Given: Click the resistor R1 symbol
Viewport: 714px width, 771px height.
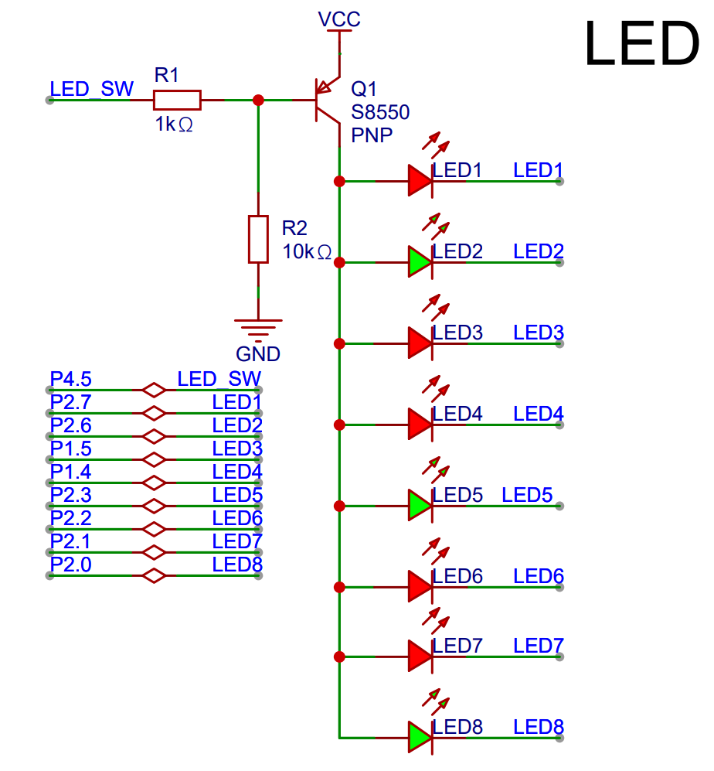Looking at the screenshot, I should click(x=177, y=100).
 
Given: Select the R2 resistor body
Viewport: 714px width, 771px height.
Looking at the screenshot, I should click(x=258, y=239).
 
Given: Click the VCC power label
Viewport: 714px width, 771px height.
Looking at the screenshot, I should click(x=339, y=19).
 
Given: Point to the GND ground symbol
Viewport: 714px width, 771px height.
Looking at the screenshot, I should click(x=258, y=328).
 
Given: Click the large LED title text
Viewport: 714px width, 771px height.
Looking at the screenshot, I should click(x=641, y=45).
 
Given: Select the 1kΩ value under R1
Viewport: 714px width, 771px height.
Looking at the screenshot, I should click(x=174, y=124).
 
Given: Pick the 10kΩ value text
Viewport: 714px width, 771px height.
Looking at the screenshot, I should click(x=306, y=252).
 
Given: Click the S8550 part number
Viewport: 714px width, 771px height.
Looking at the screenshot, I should click(x=380, y=112).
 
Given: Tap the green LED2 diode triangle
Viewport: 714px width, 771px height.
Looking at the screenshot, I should click(x=419, y=262).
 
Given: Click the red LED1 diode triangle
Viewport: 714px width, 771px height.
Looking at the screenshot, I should click(x=419, y=181).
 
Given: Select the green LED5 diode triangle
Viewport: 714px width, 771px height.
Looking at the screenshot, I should click(x=419, y=506).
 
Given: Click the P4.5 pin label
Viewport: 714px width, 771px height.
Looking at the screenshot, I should click(x=71, y=380).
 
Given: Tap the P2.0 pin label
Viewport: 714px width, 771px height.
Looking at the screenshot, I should click(x=71, y=565).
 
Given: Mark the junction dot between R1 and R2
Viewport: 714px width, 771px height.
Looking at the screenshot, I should click(x=258, y=100).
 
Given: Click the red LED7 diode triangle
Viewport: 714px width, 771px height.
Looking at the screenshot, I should click(x=419, y=657).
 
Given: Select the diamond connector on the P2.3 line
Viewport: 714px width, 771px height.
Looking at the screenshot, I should click(x=155, y=506).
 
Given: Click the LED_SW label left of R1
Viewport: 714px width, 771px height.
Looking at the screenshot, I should click(x=91, y=89).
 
